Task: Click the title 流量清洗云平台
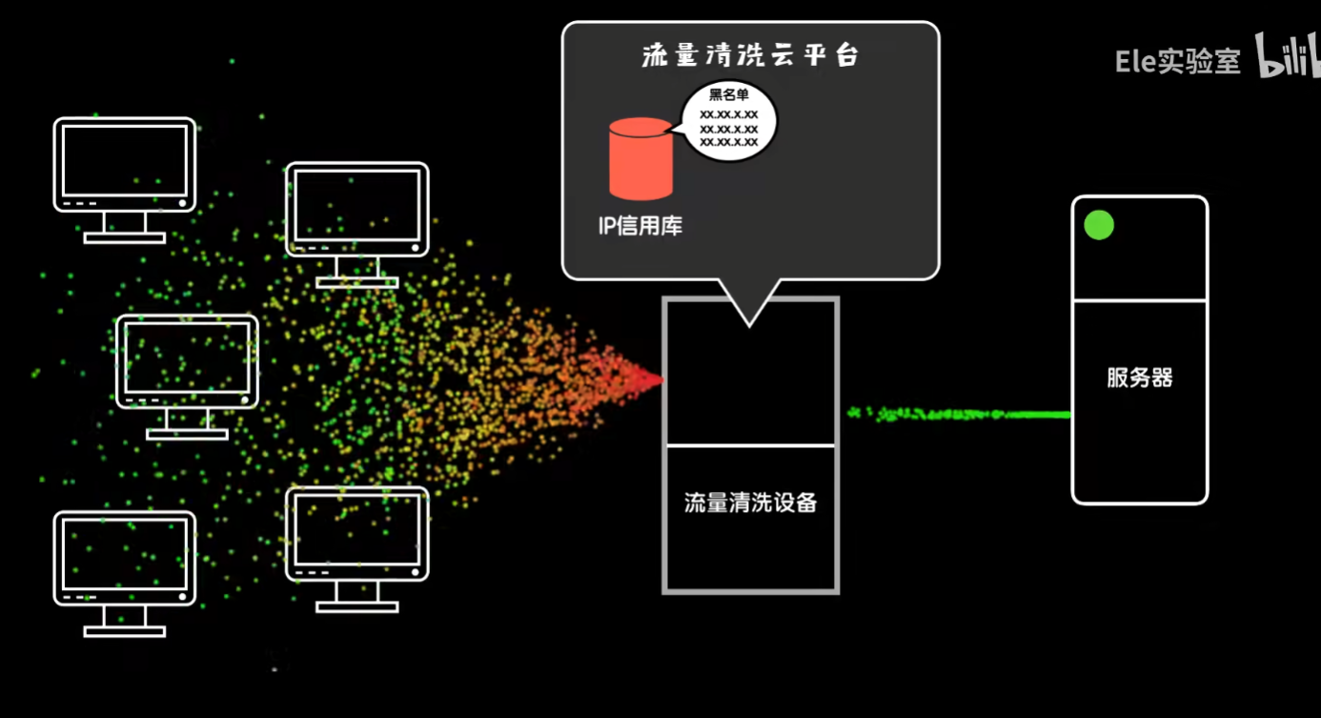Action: pos(750,55)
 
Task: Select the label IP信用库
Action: pos(640,227)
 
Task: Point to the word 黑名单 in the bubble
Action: pos(729,94)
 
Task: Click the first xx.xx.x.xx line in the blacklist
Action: pos(729,113)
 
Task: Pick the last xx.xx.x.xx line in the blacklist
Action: pos(729,142)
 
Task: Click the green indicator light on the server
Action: pos(1099,225)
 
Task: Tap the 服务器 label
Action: pos(1139,378)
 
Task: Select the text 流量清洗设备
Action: pos(750,503)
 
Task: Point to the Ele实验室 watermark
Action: pos(1178,62)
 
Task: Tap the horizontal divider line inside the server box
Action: pos(1139,300)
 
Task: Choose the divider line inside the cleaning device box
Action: pos(750,445)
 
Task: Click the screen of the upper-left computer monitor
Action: pos(124,159)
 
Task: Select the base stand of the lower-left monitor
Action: pos(124,630)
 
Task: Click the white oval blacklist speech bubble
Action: pos(729,120)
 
